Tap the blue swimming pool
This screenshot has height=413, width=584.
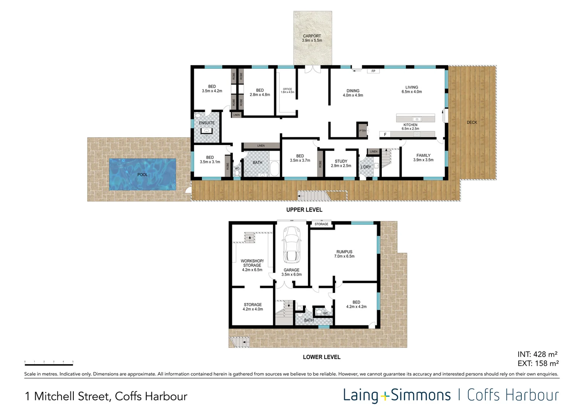[x=143, y=174]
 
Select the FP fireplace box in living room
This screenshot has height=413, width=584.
[x=373, y=71]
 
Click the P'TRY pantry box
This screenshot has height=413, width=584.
[x=362, y=130]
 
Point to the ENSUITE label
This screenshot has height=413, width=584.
[x=207, y=123]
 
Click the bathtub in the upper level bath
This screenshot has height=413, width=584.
[x=274, y=168]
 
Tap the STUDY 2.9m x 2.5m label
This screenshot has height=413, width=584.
[x=341, y=163]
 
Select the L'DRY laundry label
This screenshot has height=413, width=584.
[x=366, y=167]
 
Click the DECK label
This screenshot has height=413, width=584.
[x=472, y=122]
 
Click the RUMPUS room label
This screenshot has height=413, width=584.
[x=344, y=254]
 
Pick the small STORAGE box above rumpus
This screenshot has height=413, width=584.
[x=321, y=224]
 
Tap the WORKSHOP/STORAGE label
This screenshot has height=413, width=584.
[x=252, y=265]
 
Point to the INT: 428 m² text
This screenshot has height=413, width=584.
[x=537, y=354]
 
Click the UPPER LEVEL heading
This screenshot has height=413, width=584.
[x=304, y=210]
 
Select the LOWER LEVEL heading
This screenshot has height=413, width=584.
[x=321, y=357]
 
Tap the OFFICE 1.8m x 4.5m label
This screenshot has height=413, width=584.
[x=287, y=91]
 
